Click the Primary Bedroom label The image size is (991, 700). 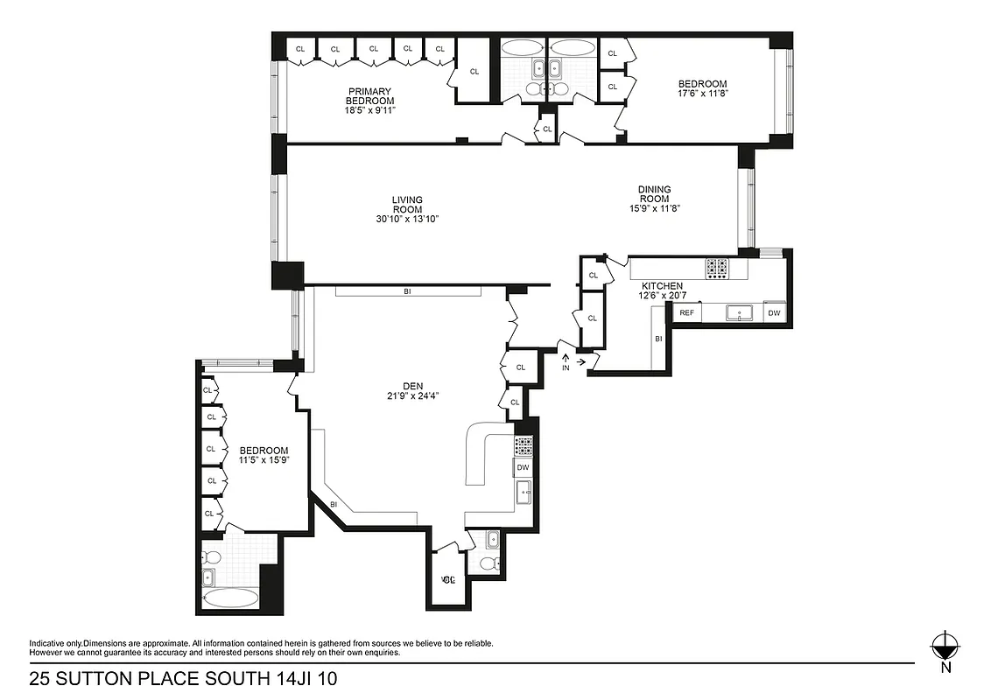[x=369, y=96]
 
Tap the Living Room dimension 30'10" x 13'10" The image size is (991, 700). [x=407, y=219]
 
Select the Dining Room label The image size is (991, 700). [x=654, y=194]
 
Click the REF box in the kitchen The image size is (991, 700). [x=687, y=312]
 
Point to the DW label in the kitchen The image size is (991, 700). [x=774, y=312]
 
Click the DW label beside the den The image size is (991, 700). [x=523, y=468]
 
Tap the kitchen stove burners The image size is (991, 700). [x=718, y=268]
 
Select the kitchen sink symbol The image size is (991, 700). [x=739, y=312]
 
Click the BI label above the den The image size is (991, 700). [x=407, y=291]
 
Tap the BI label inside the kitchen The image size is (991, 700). [x=657, y=338]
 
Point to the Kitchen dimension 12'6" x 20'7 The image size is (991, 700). [x=664, y=297]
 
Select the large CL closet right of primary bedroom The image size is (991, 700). [x=474, y=72]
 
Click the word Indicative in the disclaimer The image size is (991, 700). [x=47, y=643]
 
